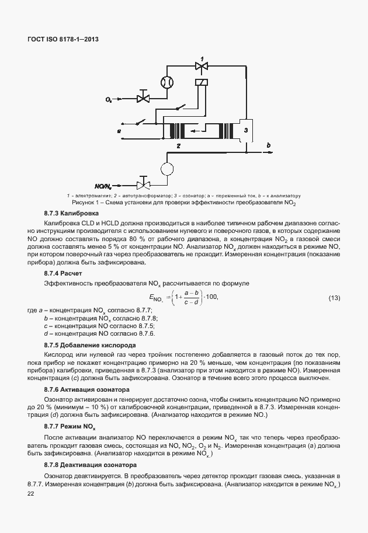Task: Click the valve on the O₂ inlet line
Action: click(x=143, y=96)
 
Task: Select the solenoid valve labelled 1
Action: click(x=202, y=68)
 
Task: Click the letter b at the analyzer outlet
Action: click(x=268, y=144)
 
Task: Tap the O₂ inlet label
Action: click(x=109, y=100)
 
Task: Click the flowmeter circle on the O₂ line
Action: click(x=168, y=82)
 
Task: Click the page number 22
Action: click(x=31, y=494)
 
